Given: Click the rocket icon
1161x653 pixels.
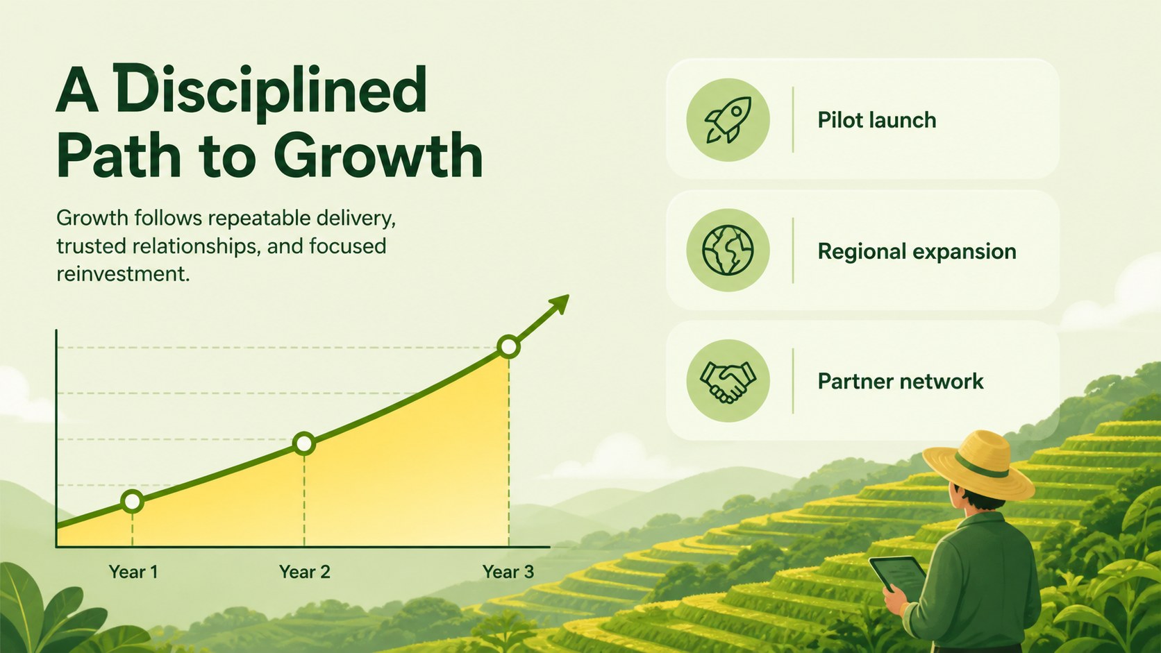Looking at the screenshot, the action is tap(728, 119).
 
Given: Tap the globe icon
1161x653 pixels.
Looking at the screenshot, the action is tap(728, 250).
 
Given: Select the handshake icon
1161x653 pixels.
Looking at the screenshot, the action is tap(728, 382).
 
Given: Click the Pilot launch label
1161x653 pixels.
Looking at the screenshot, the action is tap(877, 120).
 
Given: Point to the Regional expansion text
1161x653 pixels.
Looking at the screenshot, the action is tap(917, 252).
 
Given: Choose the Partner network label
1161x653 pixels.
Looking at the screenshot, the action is tap(901, 382).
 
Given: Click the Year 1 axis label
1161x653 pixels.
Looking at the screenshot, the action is tap(133, 572).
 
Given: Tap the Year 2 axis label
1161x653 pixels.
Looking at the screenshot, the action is tap(305, 572).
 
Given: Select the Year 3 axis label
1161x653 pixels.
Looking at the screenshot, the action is tap(508, 572).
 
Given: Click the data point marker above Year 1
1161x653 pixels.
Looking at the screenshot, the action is tap(132, 501).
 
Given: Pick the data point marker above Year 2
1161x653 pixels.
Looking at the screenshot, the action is tap(304, 444).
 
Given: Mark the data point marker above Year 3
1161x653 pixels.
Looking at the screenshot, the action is tap(508, 346).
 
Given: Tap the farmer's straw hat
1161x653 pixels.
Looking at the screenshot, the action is tap(978, 466).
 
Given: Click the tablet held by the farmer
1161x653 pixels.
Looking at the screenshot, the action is tap(899, 574).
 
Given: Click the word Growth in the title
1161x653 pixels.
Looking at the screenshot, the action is tap(378, 155).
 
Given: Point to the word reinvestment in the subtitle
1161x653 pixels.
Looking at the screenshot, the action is tap(123, 274).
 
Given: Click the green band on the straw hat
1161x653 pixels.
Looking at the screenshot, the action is tap(982, 465).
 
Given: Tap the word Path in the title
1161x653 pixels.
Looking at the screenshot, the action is tap(119, 155).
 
